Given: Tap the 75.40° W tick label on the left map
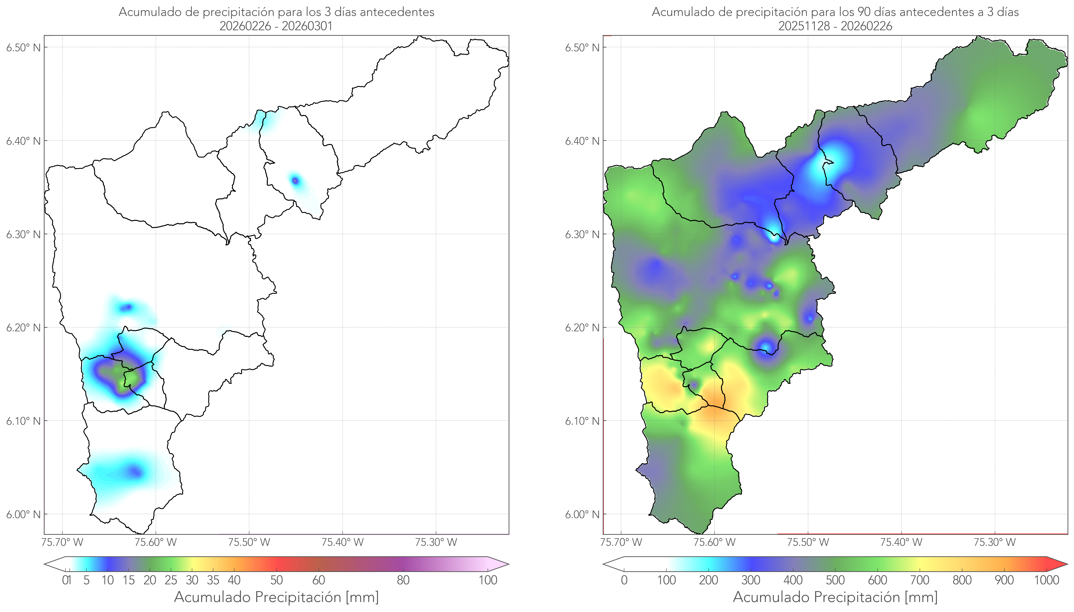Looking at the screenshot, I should pos(342,542).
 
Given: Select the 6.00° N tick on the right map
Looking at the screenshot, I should pos(582,515).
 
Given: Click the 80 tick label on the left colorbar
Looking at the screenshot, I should pos(403,580).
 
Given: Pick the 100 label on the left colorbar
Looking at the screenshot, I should pos(488,580).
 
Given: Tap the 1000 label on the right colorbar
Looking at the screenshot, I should pos(1046,580).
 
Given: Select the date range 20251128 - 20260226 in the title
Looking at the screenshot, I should pos(835,26).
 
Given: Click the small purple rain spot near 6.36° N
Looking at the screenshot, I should pos(295,181).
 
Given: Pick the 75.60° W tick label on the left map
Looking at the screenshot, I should pos(156,542).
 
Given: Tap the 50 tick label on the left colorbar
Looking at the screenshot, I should pos(276,580).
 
